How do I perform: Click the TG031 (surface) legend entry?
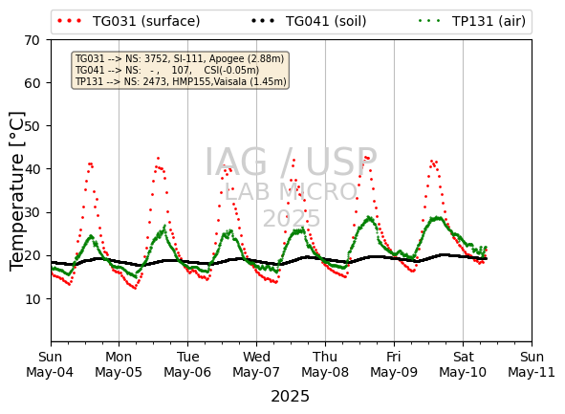(x=129, y=21)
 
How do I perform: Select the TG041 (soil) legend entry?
(x=309, y=21)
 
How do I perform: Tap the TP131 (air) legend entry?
(x=472, y=21)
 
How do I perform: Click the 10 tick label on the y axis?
(x=33, y=299)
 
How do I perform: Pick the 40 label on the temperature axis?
(x=33, y=169)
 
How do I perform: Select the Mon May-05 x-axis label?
(x=119, y=364)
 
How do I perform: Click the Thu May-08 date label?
(x=325, y=364)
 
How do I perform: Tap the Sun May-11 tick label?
(x=532, y=364)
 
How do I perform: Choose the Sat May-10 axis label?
(x=463, y=364)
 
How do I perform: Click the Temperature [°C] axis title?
(x=16, y=191)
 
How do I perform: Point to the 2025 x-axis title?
(x=290, y=397)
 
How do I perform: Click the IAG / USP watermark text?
(x=291, y=162)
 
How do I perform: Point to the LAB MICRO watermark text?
(x=291, y=191)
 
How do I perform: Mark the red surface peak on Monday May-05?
(x=158, y=158)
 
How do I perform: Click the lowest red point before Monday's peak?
(x=135, y=288)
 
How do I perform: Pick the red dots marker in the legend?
(x=70, y=21)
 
